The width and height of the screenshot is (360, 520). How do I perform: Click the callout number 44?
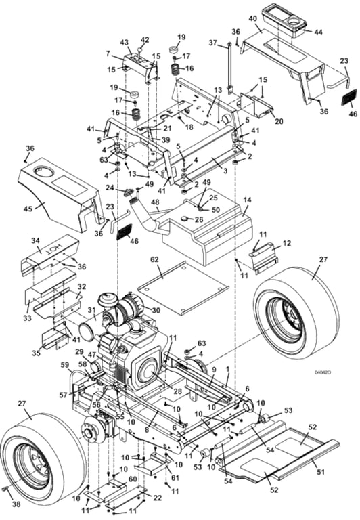coord(318,32)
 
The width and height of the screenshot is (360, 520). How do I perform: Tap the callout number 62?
coord(154,260)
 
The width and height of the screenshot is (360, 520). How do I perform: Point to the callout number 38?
coord(16,504)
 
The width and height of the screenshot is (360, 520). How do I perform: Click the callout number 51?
coord(321,471)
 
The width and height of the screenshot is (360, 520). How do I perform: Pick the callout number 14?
coord(247,200)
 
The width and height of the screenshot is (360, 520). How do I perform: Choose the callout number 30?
coord(156,309)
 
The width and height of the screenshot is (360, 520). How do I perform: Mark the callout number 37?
coord(213,43)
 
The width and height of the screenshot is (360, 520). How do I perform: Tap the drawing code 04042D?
coord(323,372)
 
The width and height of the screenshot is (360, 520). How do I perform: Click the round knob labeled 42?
coord(141,50)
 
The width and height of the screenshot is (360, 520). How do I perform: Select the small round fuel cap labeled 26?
coord(184,219)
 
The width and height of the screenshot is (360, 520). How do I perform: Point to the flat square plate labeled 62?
coord(183,288)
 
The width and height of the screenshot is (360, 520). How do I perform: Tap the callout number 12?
coord(287,243)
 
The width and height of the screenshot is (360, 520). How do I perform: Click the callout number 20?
coord(279,121)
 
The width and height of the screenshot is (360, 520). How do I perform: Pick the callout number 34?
coord(35,240)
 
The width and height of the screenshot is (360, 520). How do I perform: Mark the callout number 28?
coord(178,391)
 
